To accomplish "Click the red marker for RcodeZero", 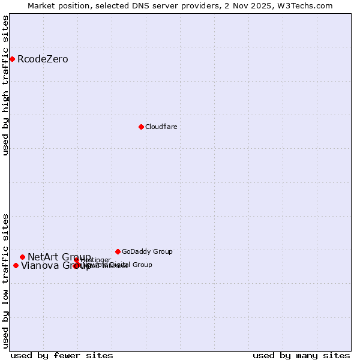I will [x=12, y=59].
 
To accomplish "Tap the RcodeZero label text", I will [x=43, y=59].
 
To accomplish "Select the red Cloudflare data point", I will [x=141, y=127].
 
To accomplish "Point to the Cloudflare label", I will [x=161, y=127].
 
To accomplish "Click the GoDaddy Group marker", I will [x=118, y=251].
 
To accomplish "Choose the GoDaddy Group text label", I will [x=147, y=251].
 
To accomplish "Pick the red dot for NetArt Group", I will [x=22, y=257].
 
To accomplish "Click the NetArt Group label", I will [x=59, y=257].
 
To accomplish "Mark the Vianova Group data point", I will [x=16, y=265].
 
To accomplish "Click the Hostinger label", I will [x=96, y=260].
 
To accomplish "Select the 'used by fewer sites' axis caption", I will [x=61, y=355].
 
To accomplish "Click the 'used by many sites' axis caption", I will [x=301, y=355].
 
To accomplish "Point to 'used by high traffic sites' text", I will [x=5, y=85].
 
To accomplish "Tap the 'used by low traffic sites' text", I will [x=5, y=281].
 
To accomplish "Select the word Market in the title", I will [x=41, y=5].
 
